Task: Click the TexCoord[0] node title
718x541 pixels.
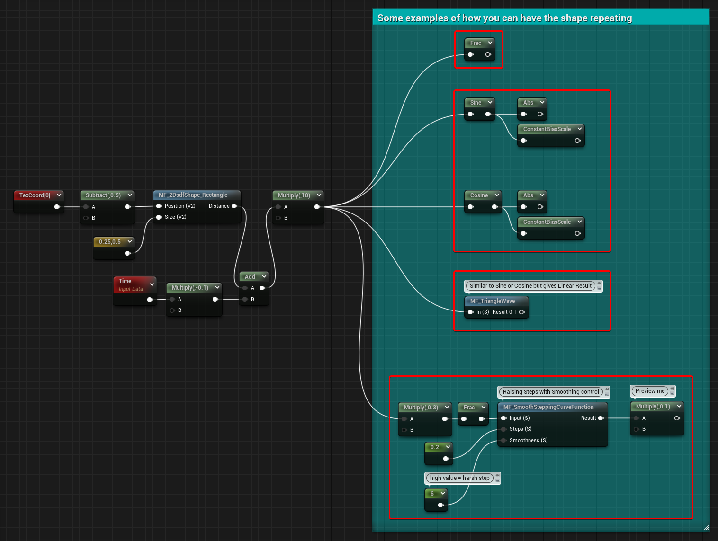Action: click(x=35, y=195)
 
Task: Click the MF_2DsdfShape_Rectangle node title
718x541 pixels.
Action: click(x=193, y=195)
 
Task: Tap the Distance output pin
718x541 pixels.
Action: click(x=234, y=206)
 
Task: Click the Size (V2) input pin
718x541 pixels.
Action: click(x=159, y=217)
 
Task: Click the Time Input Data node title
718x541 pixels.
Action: click(x=131, y=285)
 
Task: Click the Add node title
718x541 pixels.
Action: click(x=250, y=276)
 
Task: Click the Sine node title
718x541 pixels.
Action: click(x=476, y=103)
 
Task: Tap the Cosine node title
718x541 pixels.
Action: click(x=479, y=195)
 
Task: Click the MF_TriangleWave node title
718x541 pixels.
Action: click(x=492, y=301)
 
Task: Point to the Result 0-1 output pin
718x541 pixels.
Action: click(x=522, y=312)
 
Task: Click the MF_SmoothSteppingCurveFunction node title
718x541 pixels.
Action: click(x=548, y=407)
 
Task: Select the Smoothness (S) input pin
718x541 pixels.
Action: click(x=504, y=440)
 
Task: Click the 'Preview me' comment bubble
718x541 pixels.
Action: click(x=650, y=391)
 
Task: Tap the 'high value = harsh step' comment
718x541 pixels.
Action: click(x=459, y=478)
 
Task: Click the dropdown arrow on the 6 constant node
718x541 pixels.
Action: click(x=443, y=493)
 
